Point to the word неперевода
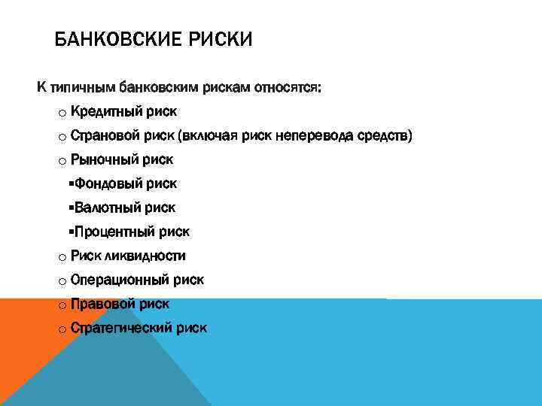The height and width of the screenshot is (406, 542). click(x=315, y=136)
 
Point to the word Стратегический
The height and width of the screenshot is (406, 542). click(x=121, y=329)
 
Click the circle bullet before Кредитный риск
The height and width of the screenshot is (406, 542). click(x=61, y=113)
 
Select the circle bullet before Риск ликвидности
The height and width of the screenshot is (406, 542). click(x=61, y=257)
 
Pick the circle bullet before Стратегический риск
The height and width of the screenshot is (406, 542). click(x=61, y=329)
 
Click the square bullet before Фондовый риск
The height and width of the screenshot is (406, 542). click(x=70, y=183)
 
